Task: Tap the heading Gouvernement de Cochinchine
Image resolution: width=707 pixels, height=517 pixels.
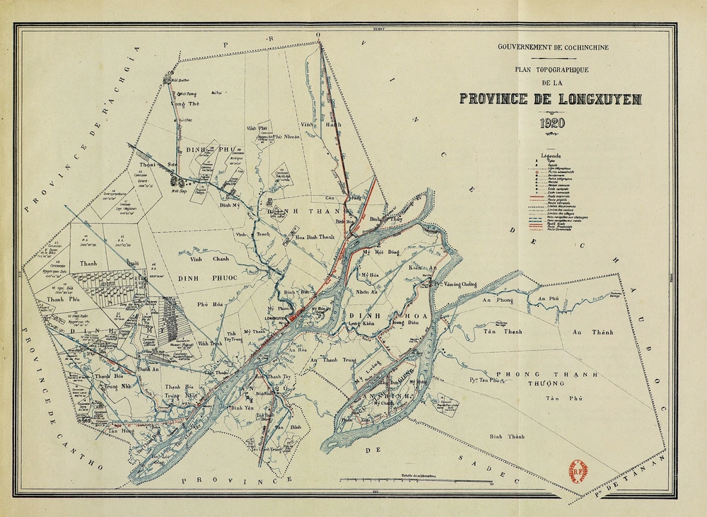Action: coord(553,47)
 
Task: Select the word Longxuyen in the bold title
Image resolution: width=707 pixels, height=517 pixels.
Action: coord(599,99)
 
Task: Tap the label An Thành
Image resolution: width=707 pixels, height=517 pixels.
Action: coord(592,332)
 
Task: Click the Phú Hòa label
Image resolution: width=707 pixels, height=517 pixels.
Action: coord(211,306)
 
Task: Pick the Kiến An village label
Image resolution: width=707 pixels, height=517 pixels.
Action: coord(420,268)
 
